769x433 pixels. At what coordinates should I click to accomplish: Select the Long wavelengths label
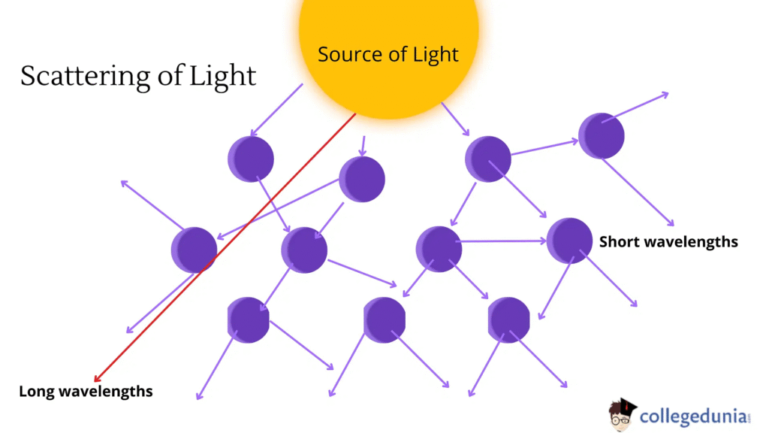point(86,392)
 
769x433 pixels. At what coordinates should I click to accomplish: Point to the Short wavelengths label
point(668,241)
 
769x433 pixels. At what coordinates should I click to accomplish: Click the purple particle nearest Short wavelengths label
point(570,241)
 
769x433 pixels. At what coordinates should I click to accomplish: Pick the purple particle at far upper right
point(601,135)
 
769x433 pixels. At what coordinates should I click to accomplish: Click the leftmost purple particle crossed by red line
point(194,250)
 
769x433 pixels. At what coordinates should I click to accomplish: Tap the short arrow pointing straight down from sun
point(363,146)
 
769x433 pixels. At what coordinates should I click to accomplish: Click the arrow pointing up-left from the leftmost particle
point(150,204)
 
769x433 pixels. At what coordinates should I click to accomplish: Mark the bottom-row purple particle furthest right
point(509,319)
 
